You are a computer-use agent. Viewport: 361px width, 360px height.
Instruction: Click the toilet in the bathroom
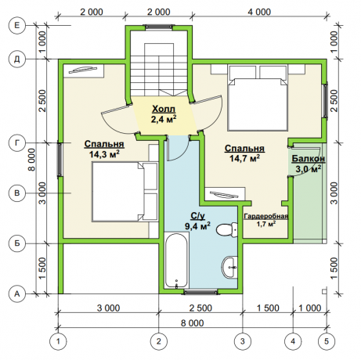(x=227, y=230)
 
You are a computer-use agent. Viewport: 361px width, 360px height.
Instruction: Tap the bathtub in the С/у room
(x=176, y=261)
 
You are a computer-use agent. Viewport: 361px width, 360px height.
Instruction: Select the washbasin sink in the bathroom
(x=229, y=268)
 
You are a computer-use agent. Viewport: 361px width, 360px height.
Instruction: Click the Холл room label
(x=164, y=109)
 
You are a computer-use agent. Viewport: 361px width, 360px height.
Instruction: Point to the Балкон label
(x=309, y=158)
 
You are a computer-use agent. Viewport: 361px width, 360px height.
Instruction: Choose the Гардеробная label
(x=266, y=216)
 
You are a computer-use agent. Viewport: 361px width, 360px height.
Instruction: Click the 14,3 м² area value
(x=104, y=154)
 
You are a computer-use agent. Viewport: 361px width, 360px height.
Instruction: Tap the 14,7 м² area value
(x=244, y=158)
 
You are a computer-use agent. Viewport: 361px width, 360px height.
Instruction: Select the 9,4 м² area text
(x=197, y=226)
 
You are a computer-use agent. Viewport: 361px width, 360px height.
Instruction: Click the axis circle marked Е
(x=17, y=26)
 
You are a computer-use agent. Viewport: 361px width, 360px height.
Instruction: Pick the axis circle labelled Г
(x=17, y=143)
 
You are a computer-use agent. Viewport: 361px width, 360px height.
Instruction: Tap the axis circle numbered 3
(x=243, y=341)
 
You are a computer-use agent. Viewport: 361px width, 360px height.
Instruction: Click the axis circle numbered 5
(x=327, y=341)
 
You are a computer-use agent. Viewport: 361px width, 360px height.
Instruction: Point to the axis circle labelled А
(x=17, y=294)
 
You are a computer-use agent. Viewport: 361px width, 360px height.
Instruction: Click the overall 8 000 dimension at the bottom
(x=193, y=323)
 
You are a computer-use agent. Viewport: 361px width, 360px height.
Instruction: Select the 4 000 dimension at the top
(x=259, y=12)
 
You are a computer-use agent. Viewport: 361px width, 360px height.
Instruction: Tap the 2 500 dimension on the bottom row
(x=200, y=308)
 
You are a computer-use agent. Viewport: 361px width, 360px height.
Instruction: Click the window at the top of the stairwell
(x=159, y=27)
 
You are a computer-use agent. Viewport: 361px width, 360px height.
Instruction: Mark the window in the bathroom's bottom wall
(x=200, y=292)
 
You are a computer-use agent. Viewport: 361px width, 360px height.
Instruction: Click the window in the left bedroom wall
(x=60, y=160)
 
